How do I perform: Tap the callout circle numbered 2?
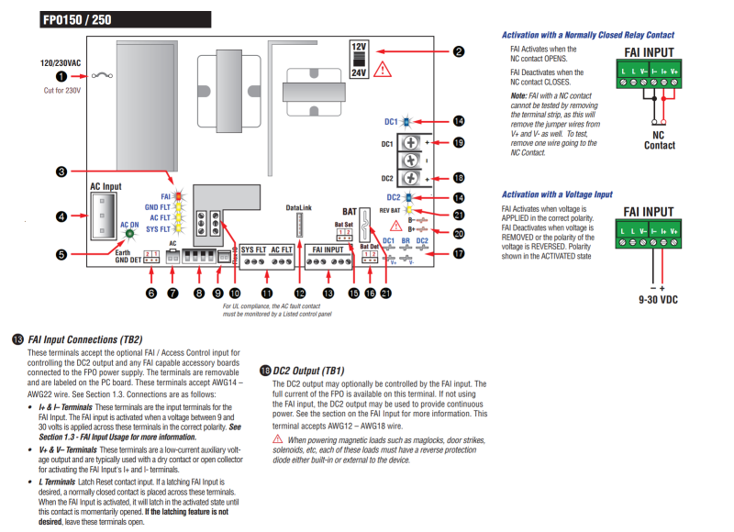458,53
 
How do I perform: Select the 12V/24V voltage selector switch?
359,60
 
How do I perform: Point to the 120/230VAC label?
62,63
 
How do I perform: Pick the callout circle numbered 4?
61,216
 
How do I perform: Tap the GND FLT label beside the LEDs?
159,207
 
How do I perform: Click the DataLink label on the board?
300,208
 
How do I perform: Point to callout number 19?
458,142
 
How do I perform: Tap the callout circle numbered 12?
300,293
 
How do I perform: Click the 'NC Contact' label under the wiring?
659,139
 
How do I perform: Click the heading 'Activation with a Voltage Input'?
557,194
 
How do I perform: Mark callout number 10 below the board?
236,293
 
